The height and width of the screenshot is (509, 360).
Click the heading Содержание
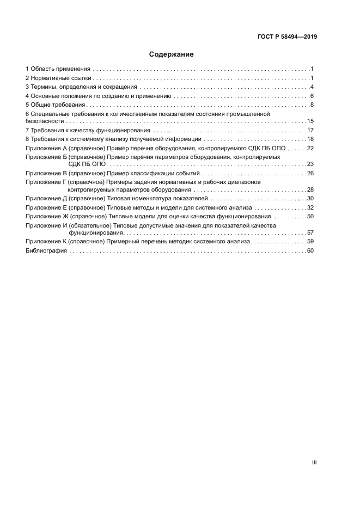172,54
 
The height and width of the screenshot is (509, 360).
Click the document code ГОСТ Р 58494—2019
288,37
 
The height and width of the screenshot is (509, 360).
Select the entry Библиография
46,251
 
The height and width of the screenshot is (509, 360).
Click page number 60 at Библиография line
311,251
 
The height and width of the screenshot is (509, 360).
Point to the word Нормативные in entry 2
50,78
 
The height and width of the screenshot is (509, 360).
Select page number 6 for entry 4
313,96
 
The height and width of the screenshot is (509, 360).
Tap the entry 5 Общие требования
56,105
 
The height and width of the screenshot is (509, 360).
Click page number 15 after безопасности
311,121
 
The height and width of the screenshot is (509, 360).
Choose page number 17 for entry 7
311,131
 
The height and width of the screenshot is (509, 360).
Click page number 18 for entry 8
311,139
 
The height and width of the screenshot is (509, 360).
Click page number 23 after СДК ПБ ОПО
311,164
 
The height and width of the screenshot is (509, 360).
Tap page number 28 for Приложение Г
311,190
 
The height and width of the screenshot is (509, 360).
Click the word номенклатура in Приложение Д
155,199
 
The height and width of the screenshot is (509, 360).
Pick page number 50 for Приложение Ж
311,216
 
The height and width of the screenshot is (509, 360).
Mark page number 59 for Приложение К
311,241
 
